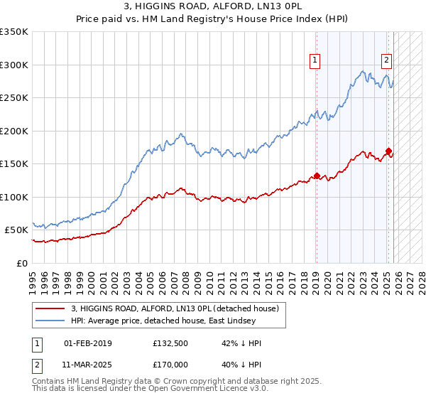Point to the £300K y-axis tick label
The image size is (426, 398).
coord(14,65)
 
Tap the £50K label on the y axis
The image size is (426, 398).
coord(16,230)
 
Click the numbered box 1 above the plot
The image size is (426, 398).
coord(315,60)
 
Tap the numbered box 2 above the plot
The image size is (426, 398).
coord(386,60)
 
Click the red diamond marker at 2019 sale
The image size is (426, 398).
coord(317,176)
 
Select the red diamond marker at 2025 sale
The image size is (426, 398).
coord(388,151)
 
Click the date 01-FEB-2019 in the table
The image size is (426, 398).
coord(87,344)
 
